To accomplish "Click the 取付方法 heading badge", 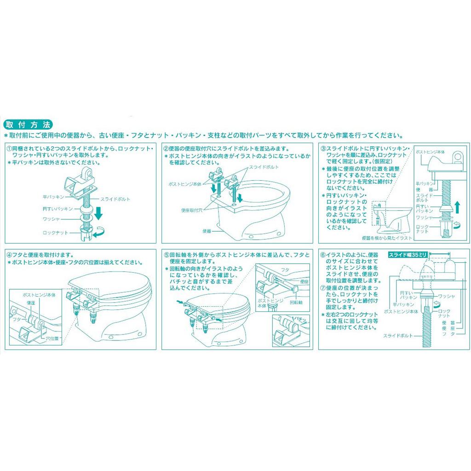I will [28, 125].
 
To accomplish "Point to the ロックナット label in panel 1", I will [55, 233].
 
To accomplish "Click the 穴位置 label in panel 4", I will [54, 338].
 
